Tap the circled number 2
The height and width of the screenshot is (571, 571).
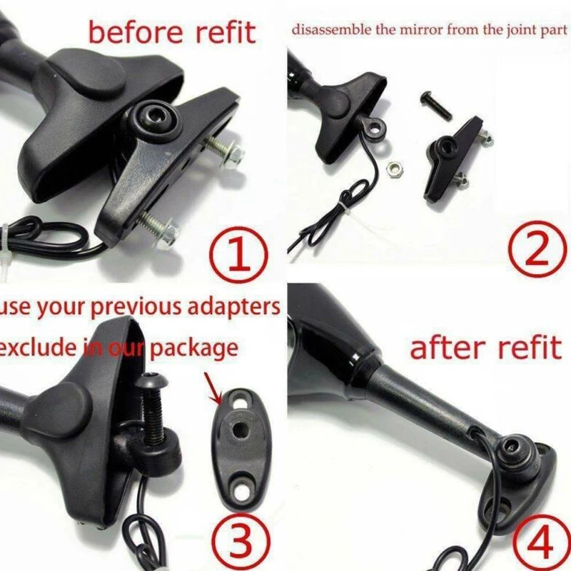point(532,251)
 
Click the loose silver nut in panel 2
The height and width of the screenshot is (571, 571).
point(392,169)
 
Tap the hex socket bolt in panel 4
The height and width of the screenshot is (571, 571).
point(514,449)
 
